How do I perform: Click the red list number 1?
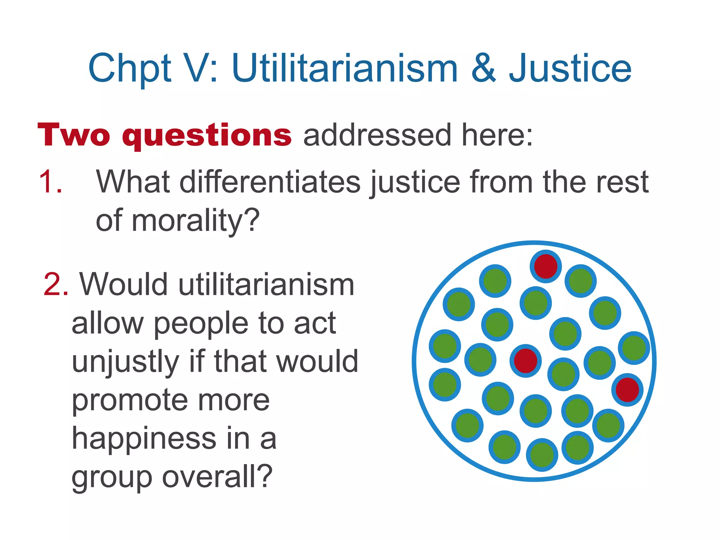tap(50, 182)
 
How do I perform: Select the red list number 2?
tap(55, 285)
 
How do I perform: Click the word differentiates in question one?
tap(270, 182)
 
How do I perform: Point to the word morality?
tap(195, 221)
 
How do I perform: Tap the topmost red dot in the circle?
tap(546, 266)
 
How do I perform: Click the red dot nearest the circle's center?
tap(526, 361)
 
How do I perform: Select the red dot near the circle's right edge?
tap(627, 390)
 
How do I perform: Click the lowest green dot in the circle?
tap(542, 455)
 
